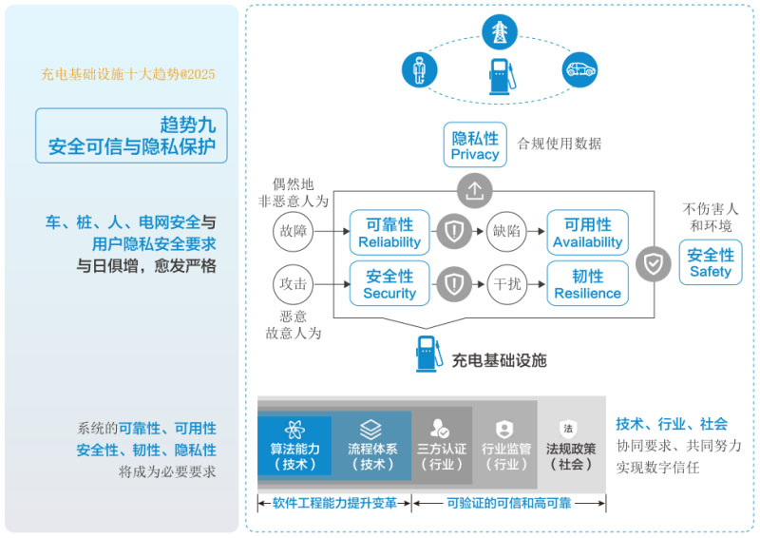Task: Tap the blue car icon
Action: (x=579, y=68)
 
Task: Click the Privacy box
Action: (x=475, y=145)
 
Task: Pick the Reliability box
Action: (x=389, y=232)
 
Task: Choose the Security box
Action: (x=389, y=283)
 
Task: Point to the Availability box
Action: (x=587, y=232)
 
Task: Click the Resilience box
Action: (x=587, y=283)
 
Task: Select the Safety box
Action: (x=711, y=262)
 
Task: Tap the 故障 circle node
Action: (x=292, y=231)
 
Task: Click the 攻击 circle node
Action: (x=292, y=283)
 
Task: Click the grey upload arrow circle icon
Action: (x=475, y=191)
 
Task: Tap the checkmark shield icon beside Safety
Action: (x=653, y=263)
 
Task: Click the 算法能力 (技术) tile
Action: (x=294, y=445)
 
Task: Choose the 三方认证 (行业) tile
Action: (x=442, y=445)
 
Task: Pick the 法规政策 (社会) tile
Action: (x=570, y=445)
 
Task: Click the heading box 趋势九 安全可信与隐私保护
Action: (x=132, y=135)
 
